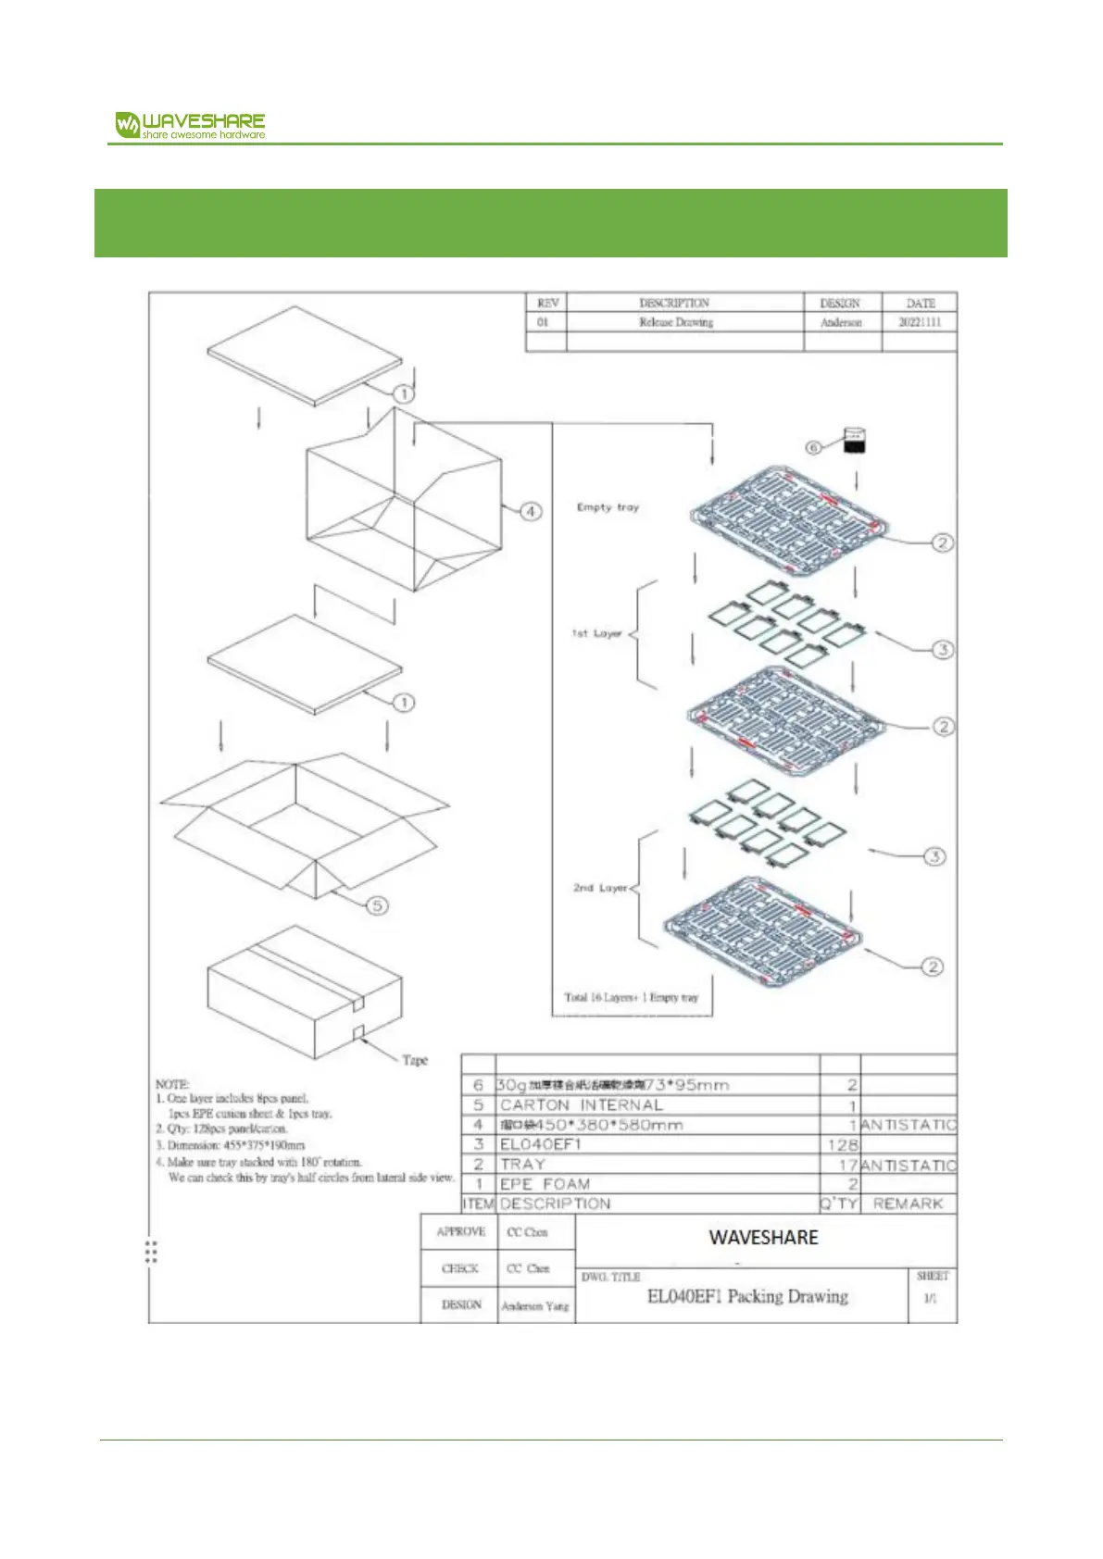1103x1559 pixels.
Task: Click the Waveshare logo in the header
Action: click(x=190, y=125)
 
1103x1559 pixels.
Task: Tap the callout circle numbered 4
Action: click(x=531, y=511)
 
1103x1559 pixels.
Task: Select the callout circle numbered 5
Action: click(x=377, y=905)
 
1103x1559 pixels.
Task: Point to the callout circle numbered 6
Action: click(x=813, y=447)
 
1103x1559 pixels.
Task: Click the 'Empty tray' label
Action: click(x=608, y=507)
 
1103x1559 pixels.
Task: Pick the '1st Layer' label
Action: click(x=596, y=633)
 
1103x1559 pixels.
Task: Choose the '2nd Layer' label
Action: click(x=600, y=887)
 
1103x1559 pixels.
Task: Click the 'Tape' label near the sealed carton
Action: click(x=415, y=1060)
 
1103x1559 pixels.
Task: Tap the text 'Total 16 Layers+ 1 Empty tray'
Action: click(x=632, y=997)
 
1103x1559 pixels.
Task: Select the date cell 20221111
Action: click(x=920, y=322)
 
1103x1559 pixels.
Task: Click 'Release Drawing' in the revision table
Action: click(x=676, y=322)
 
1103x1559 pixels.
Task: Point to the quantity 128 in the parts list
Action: click(x=842, y=1145)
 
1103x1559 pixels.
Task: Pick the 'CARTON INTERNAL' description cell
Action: click(x=582, y=1105)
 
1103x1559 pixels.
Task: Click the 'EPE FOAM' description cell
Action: click(x=545, y=1184)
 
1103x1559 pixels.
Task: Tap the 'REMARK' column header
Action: click(x=908, y=1204)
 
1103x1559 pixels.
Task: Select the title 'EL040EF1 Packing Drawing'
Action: click(x=747, y=1296)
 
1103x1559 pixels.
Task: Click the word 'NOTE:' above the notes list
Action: click(x=172, y=1083)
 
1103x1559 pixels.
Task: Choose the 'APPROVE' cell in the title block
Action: click(x=460, y=1231)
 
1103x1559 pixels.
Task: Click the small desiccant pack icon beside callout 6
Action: click(x=856, y=441)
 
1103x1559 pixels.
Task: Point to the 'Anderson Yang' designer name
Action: click(x=535, y=1305)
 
